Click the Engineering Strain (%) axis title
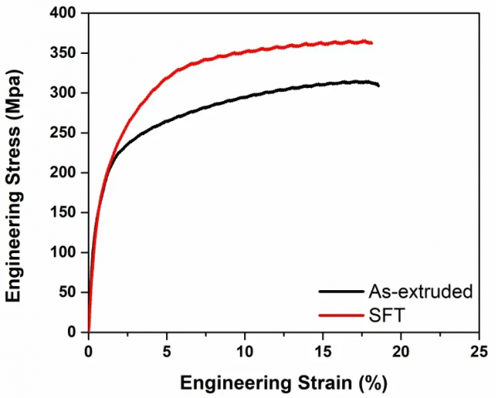coord(283,383)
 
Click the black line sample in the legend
coord(339,291)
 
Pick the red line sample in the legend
coord(339,314)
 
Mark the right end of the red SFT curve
coord(371,42)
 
